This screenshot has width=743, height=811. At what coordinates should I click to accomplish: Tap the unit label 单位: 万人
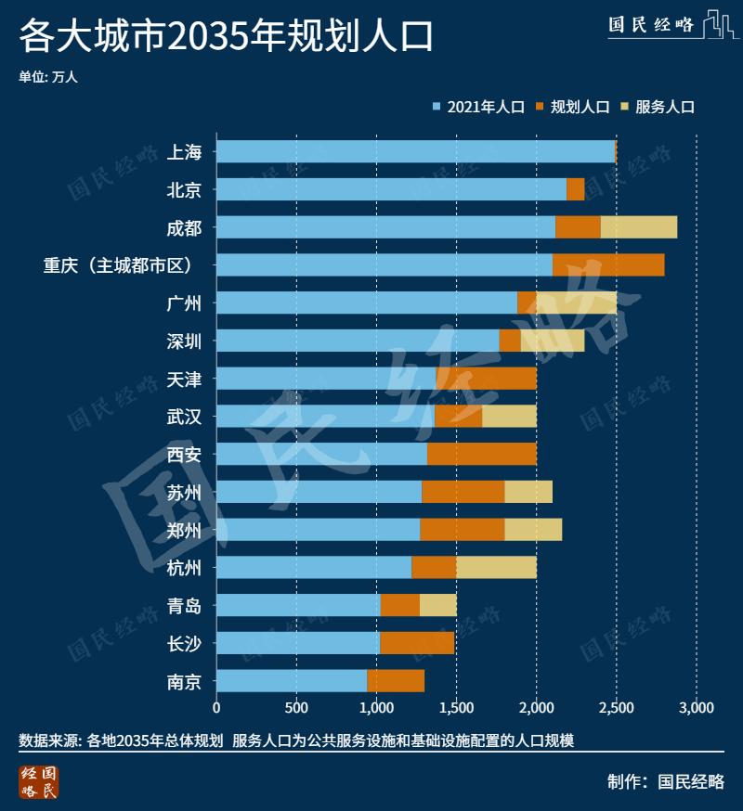[x=48, y=77]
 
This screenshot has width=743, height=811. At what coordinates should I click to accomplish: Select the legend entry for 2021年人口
[x=479, y=107]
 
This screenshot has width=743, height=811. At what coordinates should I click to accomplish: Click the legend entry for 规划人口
[x=572, y=107]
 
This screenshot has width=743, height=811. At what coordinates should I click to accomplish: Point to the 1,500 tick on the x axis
[x=456, y=708]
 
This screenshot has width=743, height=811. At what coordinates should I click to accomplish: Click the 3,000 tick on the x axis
[x=696, y=708]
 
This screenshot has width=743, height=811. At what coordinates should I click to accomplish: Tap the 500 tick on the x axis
[x=296, y=708]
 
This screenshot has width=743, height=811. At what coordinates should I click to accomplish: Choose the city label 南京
[x=184, y=681]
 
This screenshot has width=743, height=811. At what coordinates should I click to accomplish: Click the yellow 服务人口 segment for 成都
[x=638, y=227]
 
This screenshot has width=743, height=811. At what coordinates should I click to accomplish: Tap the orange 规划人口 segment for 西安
[x=481, y=454]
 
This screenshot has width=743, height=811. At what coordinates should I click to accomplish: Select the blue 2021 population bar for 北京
[x=390, y=189]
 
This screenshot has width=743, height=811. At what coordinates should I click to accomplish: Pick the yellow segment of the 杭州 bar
[x=496, y=567]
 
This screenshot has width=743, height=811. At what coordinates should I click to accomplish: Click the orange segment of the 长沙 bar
[x=416, y=643]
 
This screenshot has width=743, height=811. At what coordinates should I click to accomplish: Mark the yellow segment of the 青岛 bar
[x=437, y=605]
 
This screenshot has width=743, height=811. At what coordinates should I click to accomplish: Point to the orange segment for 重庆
[x=607, y=264]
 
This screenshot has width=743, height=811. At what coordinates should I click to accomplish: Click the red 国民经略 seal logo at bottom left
[x=38, y=781]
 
